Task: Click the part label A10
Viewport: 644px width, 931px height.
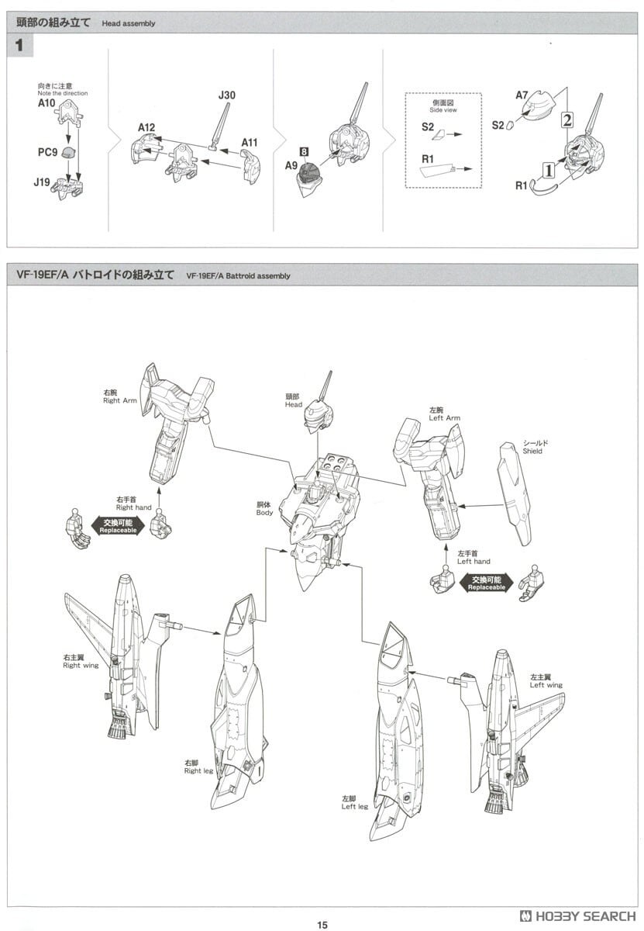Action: (x=46, y=102)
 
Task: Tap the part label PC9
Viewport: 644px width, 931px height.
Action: (x=47, y=152)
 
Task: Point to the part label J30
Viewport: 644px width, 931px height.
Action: (x=226, y=95)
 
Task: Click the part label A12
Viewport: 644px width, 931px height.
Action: (x=147, y=127)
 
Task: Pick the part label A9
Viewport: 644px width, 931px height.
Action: (x=291, y=165)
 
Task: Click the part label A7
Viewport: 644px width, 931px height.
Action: (x=523, y=95)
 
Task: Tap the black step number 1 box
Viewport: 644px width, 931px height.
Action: (x=19, y=46)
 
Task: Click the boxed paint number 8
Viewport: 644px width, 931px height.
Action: (x=305, y=151)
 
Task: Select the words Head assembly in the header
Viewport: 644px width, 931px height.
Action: (x=128, y=24)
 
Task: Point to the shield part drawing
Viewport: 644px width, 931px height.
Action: (x=515, y=493)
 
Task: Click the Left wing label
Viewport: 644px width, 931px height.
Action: (x=546, y=681)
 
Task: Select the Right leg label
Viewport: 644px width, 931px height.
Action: (x=199, y=767)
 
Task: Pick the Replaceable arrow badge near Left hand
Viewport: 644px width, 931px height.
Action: (x=486, y=583)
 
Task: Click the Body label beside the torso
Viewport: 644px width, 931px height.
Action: (x=264, y=508)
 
